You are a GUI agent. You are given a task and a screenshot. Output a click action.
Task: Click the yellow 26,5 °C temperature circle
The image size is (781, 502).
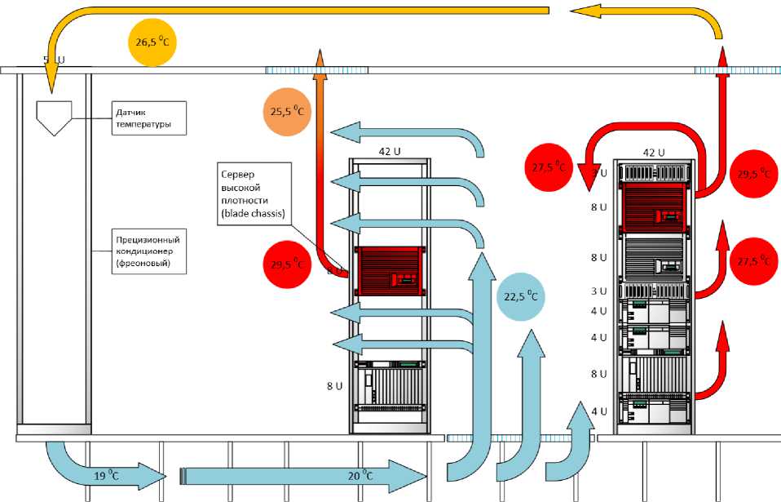tap(153, 42)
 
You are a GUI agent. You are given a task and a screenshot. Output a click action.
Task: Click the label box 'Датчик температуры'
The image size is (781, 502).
tap(148, 118)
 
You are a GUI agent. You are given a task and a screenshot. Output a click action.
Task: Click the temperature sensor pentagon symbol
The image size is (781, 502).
tap(55, 118)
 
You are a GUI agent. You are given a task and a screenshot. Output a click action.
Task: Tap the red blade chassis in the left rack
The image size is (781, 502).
tap(389, 270)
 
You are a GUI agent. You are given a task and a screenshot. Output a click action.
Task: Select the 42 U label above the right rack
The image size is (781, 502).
tap(654, 152)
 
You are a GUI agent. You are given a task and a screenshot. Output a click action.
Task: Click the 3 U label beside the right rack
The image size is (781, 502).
tap(598, 291)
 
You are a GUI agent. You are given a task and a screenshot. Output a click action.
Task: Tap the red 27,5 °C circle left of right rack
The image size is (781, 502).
tap(548, 167)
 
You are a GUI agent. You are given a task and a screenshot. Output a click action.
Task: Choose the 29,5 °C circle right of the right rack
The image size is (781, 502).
tap(753, 174)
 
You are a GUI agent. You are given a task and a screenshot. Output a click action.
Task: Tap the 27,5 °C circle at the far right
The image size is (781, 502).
tap(753, 260)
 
